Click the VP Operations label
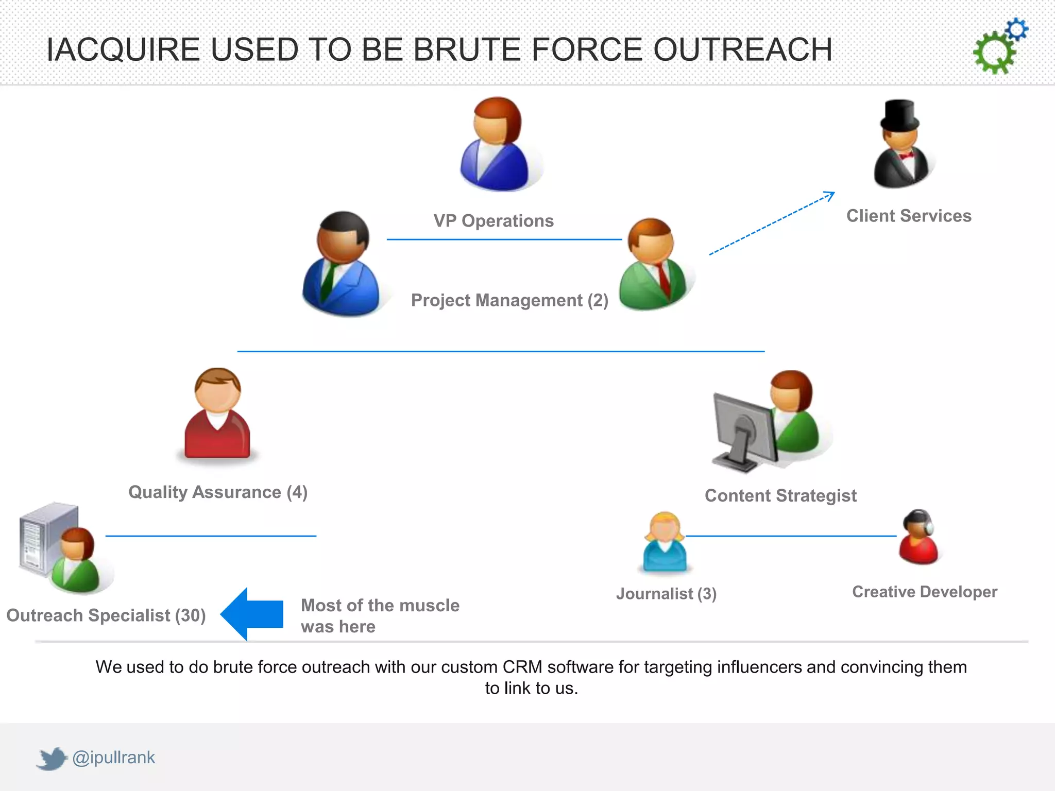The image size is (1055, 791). click(x=494, y=221)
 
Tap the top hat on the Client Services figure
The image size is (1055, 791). click(x=899, y=114)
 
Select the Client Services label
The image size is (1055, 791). click(x=909, y=216)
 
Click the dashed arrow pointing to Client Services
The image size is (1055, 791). click(x=772, y=223)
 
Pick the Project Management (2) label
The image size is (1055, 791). click(x=509, y=300)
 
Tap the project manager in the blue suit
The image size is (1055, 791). click(x=342, y=265)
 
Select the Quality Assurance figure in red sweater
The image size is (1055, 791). click(x=217, y=415)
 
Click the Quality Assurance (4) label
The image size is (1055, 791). click(x=218, y=492)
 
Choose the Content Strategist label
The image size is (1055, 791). click(x=780, y=495)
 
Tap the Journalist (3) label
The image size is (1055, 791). click(x=666, y=594)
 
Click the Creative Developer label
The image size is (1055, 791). click(x=925, y=592)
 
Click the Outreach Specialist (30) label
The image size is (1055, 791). click(x=106, y=615)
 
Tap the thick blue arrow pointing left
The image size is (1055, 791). click(x=252, y=614)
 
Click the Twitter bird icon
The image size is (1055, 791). click(x=52, y=759)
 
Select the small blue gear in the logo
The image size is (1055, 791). click(x=1017, y=30)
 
